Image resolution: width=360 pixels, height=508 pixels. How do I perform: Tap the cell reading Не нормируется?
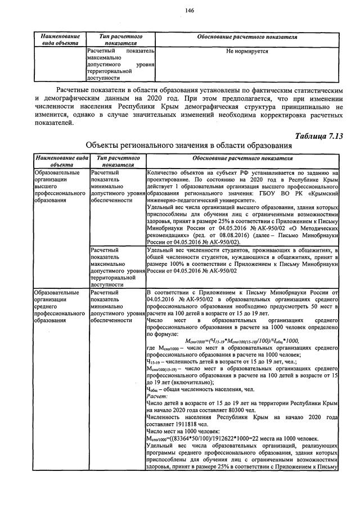(246, 51)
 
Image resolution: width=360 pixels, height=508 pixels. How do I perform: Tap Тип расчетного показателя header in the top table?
(119, 39)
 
